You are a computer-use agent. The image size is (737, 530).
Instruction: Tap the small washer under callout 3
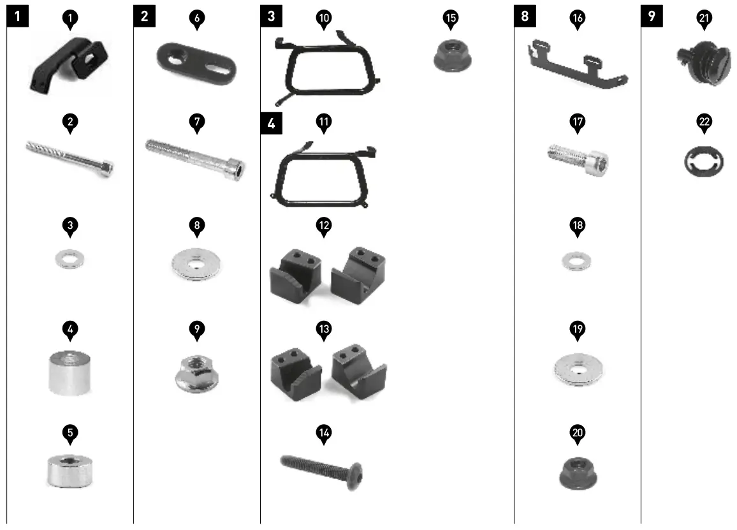tap(69, 260)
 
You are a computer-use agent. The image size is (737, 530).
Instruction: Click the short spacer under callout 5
tap(69, 470)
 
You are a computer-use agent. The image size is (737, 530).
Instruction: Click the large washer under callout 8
tap(197, 263)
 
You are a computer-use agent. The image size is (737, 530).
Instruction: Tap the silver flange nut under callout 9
tap(196, 372)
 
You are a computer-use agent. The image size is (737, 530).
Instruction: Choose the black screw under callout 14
tap(324, 468)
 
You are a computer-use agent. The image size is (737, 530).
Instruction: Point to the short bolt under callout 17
tap(579, 158)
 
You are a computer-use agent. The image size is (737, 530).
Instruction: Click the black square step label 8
tap(525, 16)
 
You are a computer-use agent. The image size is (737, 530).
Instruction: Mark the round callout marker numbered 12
tap(324, 226)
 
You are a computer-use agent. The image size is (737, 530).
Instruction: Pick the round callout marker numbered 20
tap(578, 433)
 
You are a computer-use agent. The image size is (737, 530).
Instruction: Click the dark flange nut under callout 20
tap(578, 473)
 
